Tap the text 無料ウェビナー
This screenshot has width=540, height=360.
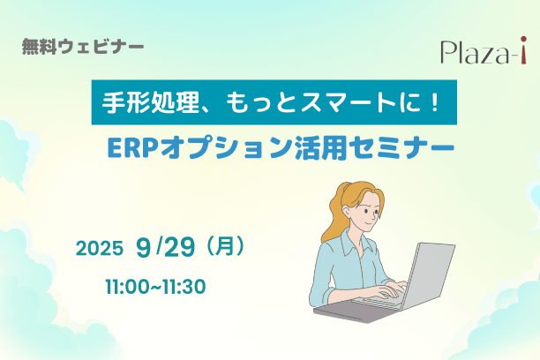83,47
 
